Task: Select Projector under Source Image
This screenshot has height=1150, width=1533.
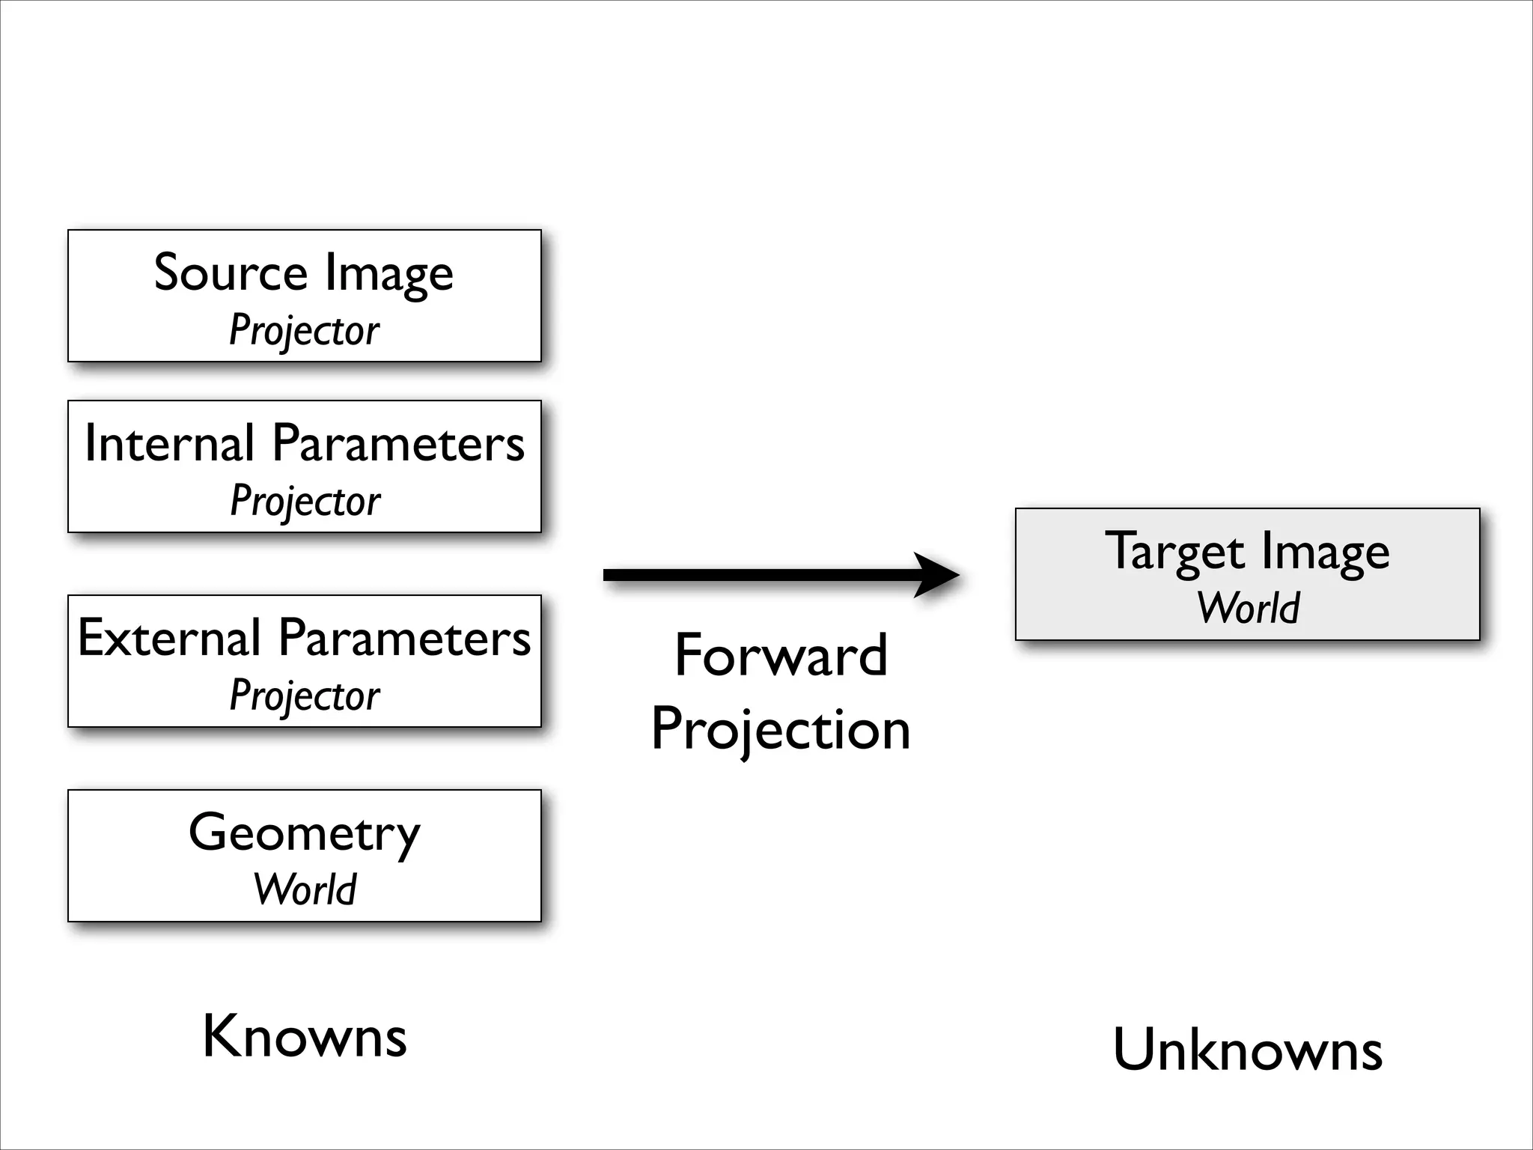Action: click(304, 330)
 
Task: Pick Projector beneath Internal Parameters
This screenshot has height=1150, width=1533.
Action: click(305, 501)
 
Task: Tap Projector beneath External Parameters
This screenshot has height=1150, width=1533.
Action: click(304, 696)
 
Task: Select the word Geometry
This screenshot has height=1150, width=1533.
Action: click(304, 833)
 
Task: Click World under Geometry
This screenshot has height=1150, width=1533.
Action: click(305, 889)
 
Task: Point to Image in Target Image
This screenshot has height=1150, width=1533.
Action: click(1326, 553)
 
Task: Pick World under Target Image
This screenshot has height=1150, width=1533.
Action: click(1248, 607)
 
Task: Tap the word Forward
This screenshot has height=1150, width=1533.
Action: click(781, 655)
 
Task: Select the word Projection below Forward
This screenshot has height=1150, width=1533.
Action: click(781, 729)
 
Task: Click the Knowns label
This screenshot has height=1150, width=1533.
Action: click(305, 1036)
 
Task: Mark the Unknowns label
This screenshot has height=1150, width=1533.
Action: click(1247, 1050)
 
